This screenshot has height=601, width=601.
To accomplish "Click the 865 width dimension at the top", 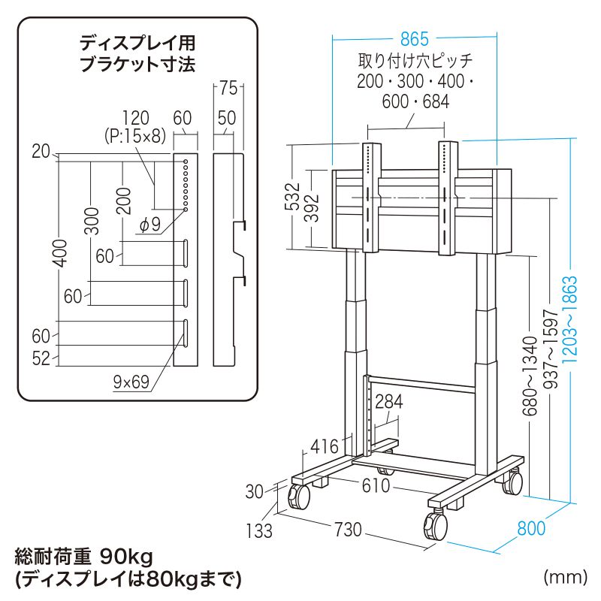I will click(415, 37).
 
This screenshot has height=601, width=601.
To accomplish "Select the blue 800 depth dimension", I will click(532, 529).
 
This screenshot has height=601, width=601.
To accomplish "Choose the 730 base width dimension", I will click(347, 530).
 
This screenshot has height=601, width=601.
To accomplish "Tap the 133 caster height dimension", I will click(259, 530).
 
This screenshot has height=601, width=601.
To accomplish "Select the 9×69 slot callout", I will click(131, 382).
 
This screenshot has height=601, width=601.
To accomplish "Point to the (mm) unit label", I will click(563, 577).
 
